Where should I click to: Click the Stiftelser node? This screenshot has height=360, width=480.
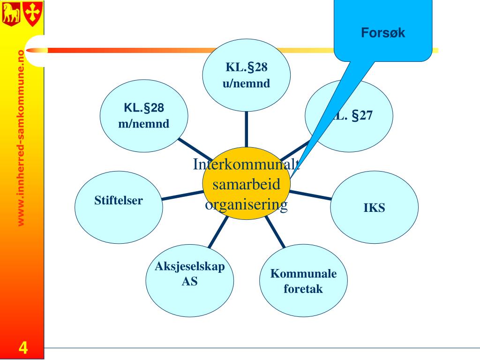(x=119, y=206)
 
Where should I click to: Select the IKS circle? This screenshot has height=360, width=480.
(x=374, y=208)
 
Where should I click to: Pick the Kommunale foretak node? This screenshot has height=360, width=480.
(x=303, y=281)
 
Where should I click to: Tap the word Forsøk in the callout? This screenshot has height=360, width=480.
(x=382, y=33)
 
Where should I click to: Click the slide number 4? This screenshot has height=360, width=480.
(x=22, y=349)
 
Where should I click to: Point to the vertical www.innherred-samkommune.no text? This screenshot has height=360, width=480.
(x=21, y=138)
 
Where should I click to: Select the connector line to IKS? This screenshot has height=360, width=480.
(x=310, y=195)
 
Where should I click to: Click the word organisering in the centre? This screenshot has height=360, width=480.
(x=247, y=205)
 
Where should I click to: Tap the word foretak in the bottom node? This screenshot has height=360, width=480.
(x=303, y=289)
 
